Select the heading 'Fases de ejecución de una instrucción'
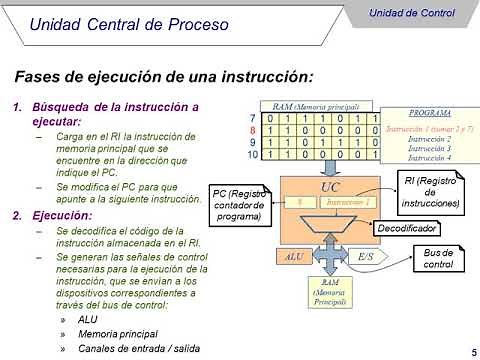pos(164,76)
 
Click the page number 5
pos(472,351)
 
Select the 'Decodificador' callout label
pos(407,228)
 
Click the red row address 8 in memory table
pos(253,130)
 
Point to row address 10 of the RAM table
pos(252,155)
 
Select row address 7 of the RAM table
pos(253,118)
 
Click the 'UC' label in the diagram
pos(330,187)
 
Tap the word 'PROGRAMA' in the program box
pos(428,114)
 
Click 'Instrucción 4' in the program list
pos(429,158)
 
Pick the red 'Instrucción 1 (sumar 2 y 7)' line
pos(429,129)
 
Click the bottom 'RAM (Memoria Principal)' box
pos(330,294)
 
